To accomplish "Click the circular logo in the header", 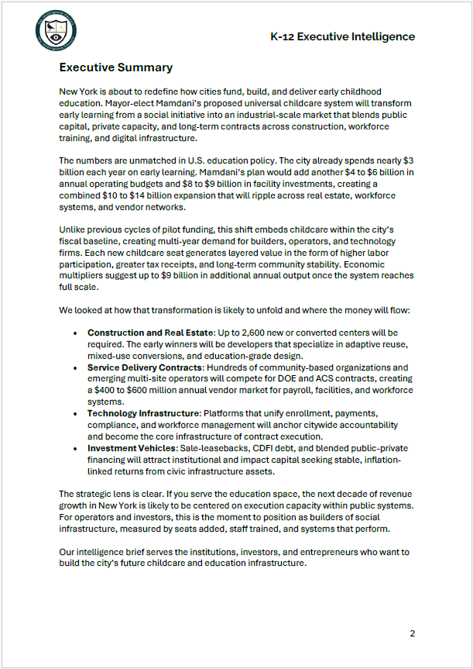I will pos(56,31).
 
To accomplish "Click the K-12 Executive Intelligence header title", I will pos(342,36).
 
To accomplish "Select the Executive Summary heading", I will pos(116,67).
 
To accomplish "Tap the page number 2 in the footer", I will pos(412,633).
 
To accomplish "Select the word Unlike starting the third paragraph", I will pos(74,229).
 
